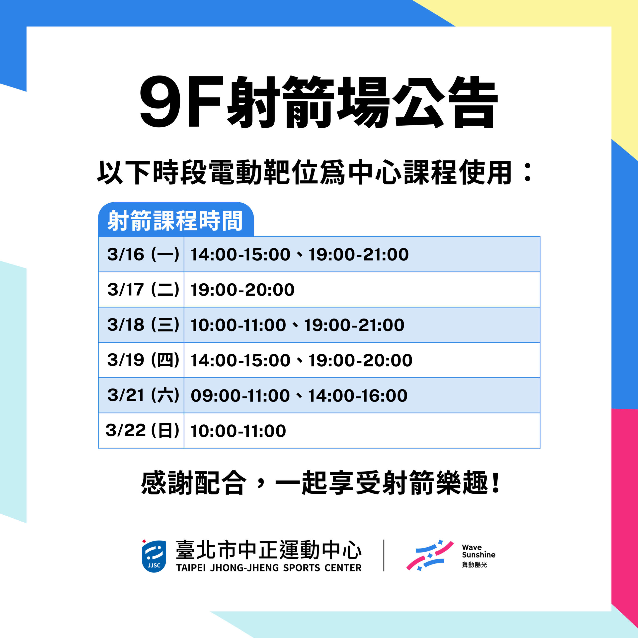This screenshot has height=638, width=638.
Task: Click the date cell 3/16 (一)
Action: tap(143, 254)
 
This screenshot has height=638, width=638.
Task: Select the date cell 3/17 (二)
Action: tap(143, 290)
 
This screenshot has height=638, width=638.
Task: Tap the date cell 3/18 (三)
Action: tap(143, 325)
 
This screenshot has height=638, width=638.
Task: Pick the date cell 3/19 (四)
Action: tap(143, 360)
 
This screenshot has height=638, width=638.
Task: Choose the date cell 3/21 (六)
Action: tap(143, 395)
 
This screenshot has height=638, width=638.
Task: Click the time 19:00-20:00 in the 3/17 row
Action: tap(242, 290)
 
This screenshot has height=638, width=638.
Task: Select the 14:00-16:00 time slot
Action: tap(358, 396)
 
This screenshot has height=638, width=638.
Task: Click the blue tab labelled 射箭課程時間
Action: tap(176, 220)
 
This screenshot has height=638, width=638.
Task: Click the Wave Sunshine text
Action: tap(478, 551)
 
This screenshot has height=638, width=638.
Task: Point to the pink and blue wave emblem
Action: tap(430, 556)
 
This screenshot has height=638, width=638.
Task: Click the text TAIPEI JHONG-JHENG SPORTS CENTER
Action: tap(269, 568)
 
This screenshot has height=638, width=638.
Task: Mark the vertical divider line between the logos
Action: tap(384, 556)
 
